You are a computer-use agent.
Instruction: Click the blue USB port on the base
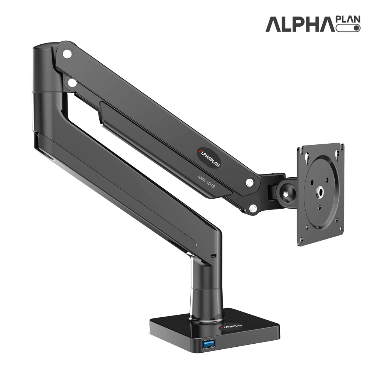pos(209,344)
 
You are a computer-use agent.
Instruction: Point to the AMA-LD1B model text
pos(206,181)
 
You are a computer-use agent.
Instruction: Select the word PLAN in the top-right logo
pos(348,19)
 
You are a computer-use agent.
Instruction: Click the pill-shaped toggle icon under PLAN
pos(348,28)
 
